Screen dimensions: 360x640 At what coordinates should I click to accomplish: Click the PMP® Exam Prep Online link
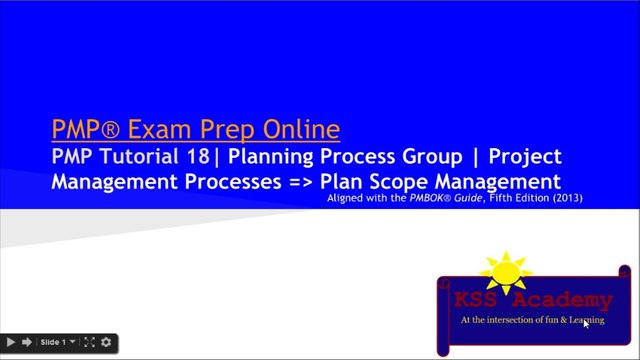coord(195,130)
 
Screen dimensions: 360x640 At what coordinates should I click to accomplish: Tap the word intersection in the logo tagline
coord(509,321)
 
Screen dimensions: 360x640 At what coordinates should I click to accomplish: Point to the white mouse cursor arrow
coord(586,323)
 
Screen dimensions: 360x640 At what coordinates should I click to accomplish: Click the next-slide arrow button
coord(27,343)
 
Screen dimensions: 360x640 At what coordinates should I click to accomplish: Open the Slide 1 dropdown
coord(56,343)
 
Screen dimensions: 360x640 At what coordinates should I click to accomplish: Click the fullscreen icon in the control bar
coord(89,343)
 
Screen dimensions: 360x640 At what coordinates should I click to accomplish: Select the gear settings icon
coord(106,343)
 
